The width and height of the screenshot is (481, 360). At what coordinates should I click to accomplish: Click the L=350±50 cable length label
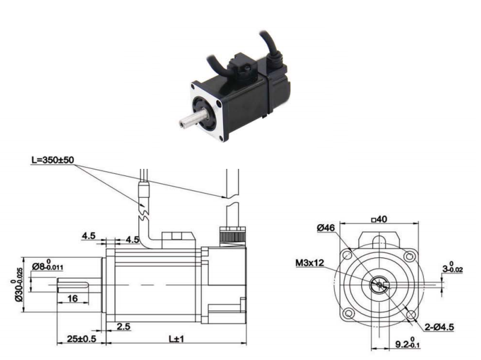(53, 160)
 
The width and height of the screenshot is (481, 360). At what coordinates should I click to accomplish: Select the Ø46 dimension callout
(326, 228)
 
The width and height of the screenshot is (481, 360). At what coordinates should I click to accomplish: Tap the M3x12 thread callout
(310, 263)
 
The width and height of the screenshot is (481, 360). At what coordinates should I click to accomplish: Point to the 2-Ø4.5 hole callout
(439, 327)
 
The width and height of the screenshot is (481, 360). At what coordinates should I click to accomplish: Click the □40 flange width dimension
(379, 219)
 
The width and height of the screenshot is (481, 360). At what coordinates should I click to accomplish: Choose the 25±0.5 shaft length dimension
(82, 339)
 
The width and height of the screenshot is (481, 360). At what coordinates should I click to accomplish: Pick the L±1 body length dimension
(176, 339)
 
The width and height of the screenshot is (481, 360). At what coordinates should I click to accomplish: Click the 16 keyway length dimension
(72, 298)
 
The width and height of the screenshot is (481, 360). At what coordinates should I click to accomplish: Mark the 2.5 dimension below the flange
(123, 327)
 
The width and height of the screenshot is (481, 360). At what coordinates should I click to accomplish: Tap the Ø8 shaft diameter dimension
(47, 265)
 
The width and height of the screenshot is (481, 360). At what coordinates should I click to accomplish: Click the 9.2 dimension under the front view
(408, 343)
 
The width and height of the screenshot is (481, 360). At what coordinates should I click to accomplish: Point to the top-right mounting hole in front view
(409, 256)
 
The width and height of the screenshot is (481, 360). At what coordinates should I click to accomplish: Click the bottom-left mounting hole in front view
(349, 314)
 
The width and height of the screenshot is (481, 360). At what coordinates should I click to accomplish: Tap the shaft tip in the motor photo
(182, 124)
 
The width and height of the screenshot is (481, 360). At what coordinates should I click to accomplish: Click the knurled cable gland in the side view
(233, 236)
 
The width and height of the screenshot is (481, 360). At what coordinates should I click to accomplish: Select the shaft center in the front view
(379, 285)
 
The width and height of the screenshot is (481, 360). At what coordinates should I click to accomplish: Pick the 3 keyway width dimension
(453, 267)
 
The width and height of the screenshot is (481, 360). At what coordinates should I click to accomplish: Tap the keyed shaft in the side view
(79, 285)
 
